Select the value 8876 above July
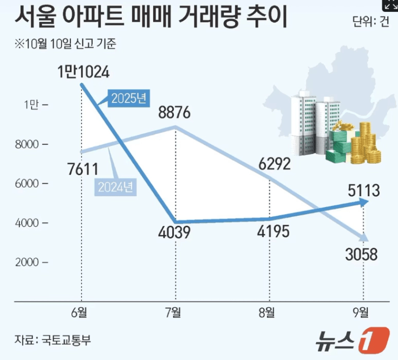pyautogui.click(x=174, y=113)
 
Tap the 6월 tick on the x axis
pyautogui.click(x=81, y=312)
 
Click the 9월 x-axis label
pyautogui.click(x=362, y=312)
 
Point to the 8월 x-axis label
pyautogui.click(x=269, y=312)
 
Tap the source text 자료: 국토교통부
pyautogui.click(x=53, y=340)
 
